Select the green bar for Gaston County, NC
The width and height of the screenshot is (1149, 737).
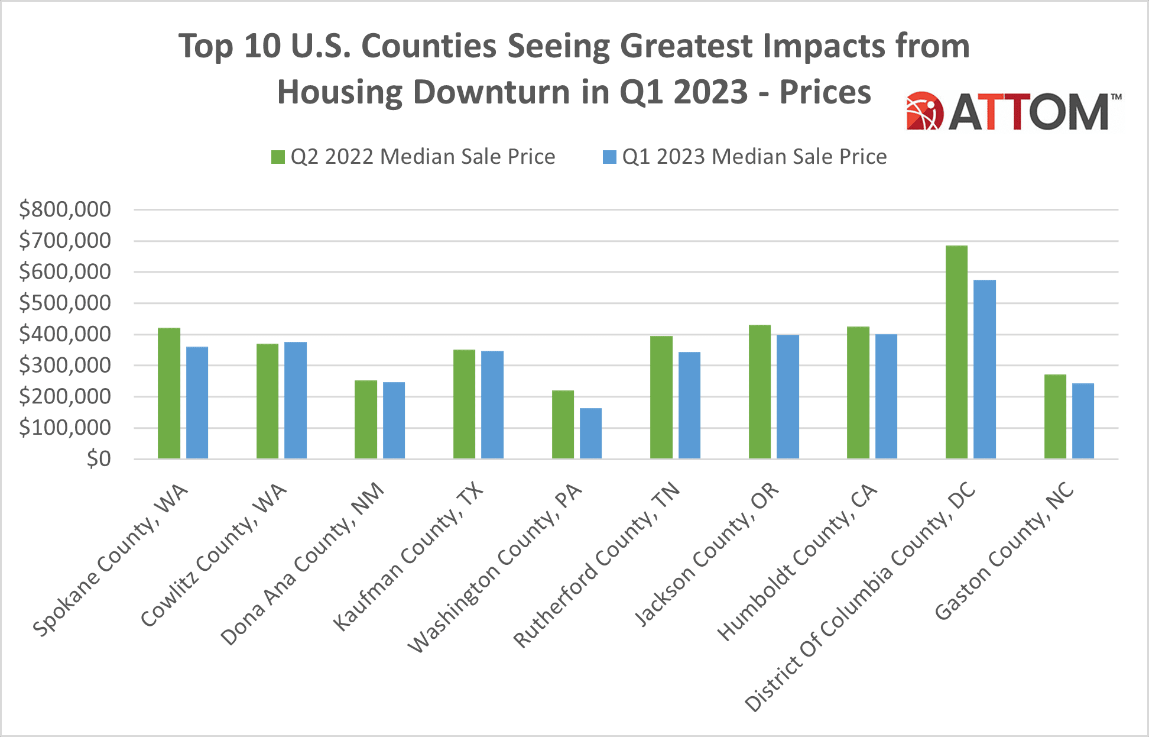(x=1055, y=416)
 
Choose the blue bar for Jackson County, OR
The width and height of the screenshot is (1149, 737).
(x=788, y=397)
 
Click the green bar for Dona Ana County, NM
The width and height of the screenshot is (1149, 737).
(x=366, y=419)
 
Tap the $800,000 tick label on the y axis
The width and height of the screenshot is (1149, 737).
(x=65, y=209)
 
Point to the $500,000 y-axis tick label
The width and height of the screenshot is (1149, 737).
(x=65, y=303)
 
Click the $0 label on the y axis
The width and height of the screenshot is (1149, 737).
(x=99, y=459)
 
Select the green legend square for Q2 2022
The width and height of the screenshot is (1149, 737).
(x=278, y=157)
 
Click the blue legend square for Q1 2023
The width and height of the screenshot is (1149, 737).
(x=609, y=157)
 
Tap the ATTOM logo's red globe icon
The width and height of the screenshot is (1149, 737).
(x=924, y=111)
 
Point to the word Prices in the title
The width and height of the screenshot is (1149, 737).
(x=825, y=92)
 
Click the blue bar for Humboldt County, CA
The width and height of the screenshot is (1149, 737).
(x=886, y=396)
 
